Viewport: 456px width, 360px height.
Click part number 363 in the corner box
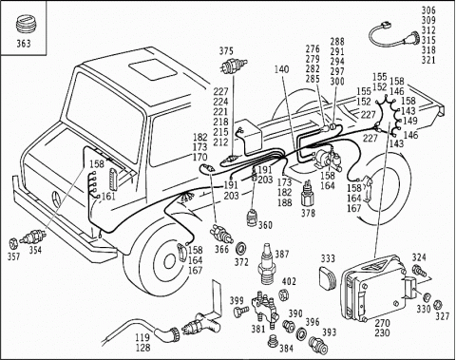pos(24,44)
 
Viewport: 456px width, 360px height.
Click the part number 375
pos(226,50)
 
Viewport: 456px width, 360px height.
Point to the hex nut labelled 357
pos(13,243)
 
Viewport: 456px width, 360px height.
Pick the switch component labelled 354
pos(33,237)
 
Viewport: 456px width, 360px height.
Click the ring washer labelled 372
pos(243,248)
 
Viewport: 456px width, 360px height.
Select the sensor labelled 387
pos(268,265)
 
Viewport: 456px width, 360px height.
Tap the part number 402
pos(289,281)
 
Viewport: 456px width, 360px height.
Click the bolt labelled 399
pos(241,311)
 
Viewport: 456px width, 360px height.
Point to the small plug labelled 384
pos(273,342)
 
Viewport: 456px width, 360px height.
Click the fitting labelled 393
pos(318,345)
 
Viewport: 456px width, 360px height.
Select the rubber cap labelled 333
pos(328,277)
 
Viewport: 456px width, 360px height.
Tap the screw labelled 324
pos(420,271)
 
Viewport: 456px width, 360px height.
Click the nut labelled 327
pos(438,304)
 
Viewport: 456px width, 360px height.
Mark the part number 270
pos(383,323)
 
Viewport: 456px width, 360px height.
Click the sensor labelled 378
pos(307,194)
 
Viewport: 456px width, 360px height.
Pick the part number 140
pos(282,69)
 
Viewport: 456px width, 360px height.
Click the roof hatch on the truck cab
pos(153,71)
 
